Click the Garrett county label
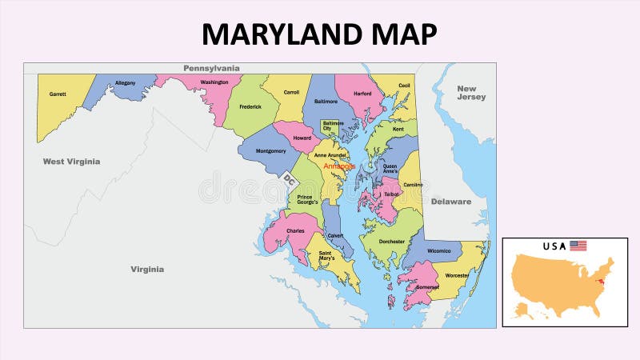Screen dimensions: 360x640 57,94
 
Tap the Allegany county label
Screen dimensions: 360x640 125,82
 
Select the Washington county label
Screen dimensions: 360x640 214,82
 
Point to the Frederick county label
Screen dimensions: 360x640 250,106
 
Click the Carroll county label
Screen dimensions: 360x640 291,93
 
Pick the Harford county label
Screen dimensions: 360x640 362,94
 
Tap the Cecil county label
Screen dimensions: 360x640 404,85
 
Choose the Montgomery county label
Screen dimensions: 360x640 271,150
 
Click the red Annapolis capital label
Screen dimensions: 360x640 339,166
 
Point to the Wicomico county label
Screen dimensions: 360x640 439,250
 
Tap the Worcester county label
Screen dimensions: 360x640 457,275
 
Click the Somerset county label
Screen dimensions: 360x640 427,286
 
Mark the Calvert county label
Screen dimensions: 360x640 336,235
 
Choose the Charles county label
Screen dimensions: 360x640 294,231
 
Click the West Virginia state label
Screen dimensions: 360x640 71,162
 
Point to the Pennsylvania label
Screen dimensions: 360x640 211,69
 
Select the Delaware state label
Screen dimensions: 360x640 451,202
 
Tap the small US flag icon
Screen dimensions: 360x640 578,246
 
